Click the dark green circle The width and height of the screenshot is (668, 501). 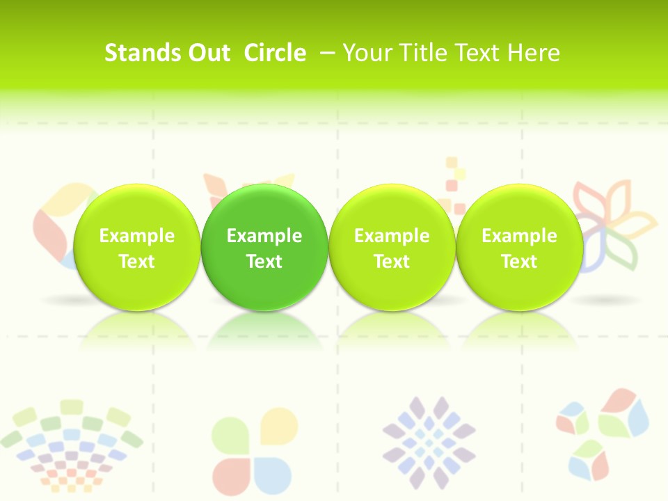point(264,248)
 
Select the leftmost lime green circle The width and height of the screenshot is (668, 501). point(137,248)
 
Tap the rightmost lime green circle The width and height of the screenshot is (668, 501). point(520,248)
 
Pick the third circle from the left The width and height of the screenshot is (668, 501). point(392,248)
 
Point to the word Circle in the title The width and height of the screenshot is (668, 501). point(275,53)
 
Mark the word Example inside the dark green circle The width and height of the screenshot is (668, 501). point(264,236)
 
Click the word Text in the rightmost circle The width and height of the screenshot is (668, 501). point(520,262)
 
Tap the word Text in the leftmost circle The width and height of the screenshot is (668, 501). point(137,262)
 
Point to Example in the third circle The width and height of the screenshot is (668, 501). point(392,236)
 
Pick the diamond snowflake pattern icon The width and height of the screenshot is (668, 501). point(429,443)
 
